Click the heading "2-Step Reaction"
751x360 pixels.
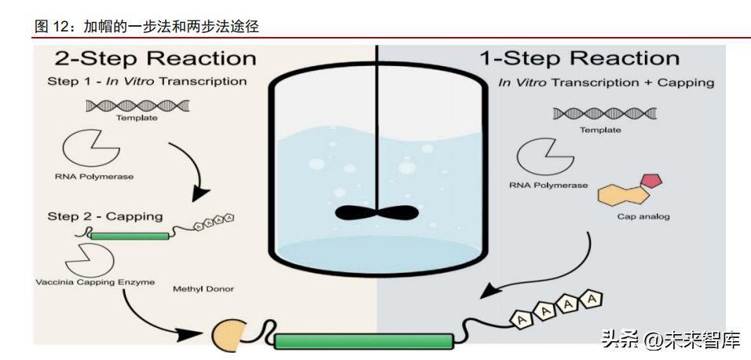156,58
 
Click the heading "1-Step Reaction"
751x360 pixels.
579,58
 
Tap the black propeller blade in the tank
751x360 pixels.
378,212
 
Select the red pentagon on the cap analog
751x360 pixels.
651,181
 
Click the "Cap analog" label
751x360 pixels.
643,217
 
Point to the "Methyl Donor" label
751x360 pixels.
203,289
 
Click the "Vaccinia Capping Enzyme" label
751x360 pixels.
95,282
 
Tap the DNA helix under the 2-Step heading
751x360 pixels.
137,105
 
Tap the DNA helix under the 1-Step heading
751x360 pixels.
604,113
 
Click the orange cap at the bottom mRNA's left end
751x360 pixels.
227,334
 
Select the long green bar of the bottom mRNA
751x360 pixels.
364,341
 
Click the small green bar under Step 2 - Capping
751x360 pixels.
130,236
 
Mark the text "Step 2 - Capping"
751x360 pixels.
105,216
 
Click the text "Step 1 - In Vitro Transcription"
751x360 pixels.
147,81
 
